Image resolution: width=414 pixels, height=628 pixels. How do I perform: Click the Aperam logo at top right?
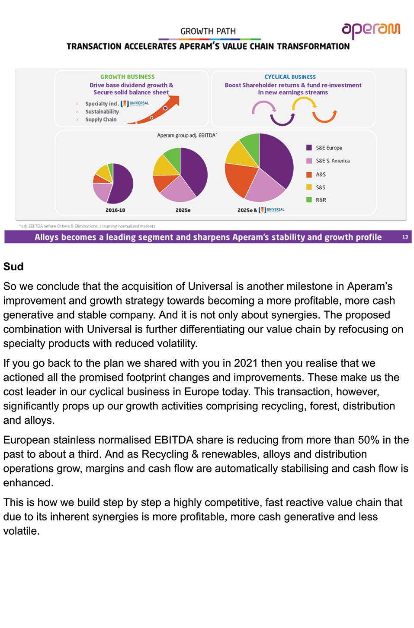(371, 30)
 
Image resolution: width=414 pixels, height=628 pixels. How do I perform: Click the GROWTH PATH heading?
(208, 32)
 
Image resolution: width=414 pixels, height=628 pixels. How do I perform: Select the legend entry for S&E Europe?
(328, 148)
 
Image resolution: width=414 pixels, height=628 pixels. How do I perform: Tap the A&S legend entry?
(321, 174)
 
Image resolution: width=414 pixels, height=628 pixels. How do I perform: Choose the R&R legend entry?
(321, 200)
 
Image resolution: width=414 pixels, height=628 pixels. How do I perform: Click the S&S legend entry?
(320, 187)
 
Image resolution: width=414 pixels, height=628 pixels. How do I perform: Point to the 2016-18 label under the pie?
(115, 210)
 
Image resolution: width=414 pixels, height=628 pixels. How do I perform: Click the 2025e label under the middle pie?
(183, 210)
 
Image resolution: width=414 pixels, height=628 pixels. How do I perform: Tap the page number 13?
(405, 237)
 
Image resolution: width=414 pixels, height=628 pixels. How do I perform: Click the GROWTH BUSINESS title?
(127, 77)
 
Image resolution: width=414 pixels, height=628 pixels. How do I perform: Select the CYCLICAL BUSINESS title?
(290, 77)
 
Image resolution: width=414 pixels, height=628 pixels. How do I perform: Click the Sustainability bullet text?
(102, 111)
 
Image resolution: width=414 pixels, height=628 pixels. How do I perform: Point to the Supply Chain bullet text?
(101, 120)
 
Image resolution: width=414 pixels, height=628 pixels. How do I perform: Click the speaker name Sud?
(13, 266)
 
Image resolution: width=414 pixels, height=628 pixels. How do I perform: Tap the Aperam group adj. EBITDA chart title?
(187, 136)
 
